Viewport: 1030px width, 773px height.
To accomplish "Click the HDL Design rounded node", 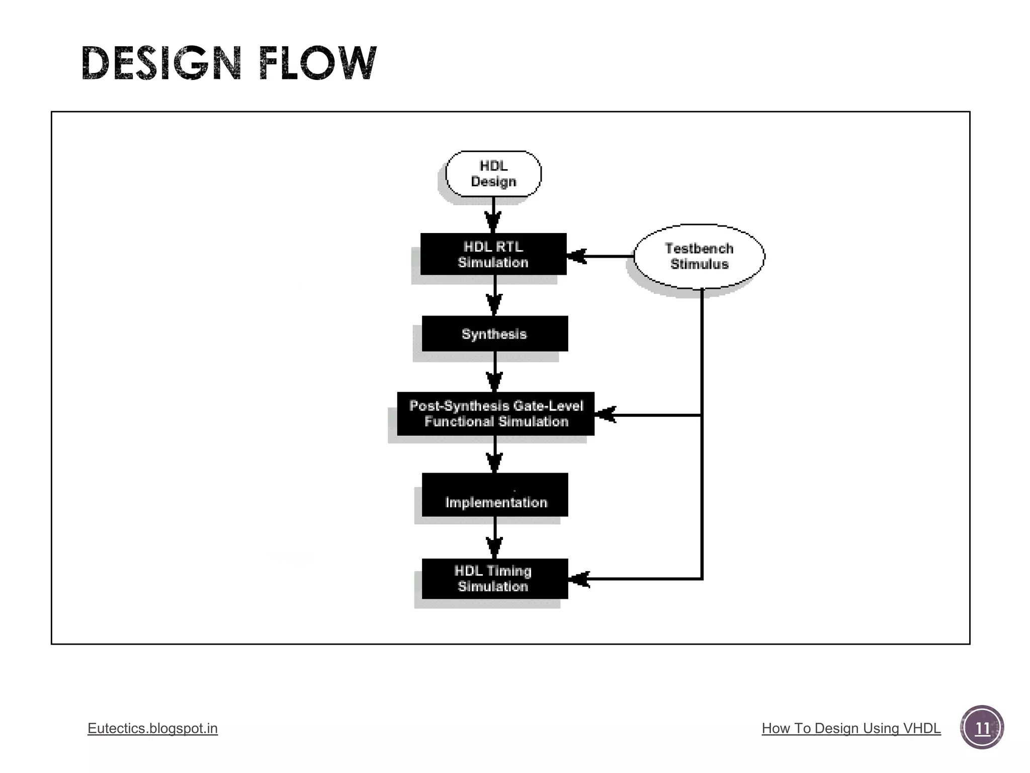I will click(x=493, y=174).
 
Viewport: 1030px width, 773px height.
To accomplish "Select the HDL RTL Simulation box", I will click(x=493, y=254).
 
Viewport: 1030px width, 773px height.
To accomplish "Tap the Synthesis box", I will click(x=495, y=334).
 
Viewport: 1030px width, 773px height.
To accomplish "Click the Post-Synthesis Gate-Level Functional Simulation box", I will click(x=496, y=414).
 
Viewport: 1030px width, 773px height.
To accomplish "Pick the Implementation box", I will click(x=495, y=495).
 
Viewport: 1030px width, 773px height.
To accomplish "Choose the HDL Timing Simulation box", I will click(x=495, y=579).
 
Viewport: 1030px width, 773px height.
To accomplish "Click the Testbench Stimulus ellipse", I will click(x=699, y=256).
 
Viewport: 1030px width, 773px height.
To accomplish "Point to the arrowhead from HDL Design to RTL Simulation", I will click(x=493, y=221).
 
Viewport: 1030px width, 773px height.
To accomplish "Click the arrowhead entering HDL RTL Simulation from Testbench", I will click(x=577, y=256).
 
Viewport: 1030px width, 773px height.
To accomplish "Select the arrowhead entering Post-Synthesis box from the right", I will click(x=606, y=415).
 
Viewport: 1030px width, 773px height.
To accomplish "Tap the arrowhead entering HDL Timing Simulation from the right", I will click(x=580, y=579).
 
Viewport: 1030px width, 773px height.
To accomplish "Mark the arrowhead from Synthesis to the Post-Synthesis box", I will click(x=495, y=381).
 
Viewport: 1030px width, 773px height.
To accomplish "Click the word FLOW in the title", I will click(x=317, y=63).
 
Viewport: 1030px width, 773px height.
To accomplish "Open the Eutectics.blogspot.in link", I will click(x=152, y=728).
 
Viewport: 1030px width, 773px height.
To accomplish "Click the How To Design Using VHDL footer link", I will click(x=851, y=728).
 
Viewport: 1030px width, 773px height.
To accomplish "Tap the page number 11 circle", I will click(x=982, y=728).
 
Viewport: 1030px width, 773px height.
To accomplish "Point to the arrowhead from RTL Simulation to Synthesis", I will click(x=495, y=304).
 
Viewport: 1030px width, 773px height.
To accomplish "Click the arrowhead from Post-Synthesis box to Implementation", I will click(x=495, y=462).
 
